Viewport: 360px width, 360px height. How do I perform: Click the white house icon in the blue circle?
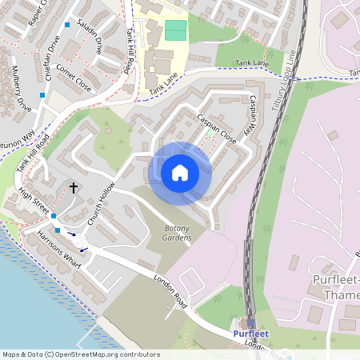(x=180, y=173)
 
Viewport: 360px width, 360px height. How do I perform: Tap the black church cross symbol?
(x=74, y=189)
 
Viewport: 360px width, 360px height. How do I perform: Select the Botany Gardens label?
(x=177, y=234)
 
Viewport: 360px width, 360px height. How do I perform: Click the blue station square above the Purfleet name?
(x=252, y=324)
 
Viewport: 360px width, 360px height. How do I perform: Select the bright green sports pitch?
(x=175, y=30)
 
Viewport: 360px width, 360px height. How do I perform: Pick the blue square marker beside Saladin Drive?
(x=67, y=26)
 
